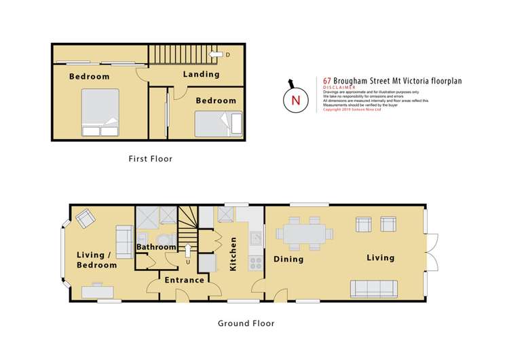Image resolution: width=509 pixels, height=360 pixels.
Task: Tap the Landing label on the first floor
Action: (201, 74)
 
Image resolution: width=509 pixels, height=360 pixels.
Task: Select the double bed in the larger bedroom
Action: (100, 111)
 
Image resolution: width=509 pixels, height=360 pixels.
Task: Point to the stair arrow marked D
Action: (219, 54)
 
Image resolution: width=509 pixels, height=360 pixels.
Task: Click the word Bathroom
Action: (157, 247)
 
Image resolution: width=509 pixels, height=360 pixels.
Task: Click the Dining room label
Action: (288, 259)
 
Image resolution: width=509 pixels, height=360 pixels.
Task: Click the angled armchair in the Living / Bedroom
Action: (86, 219)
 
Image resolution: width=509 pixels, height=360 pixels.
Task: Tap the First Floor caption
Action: (151, 159)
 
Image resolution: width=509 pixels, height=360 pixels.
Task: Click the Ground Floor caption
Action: (246, 323)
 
